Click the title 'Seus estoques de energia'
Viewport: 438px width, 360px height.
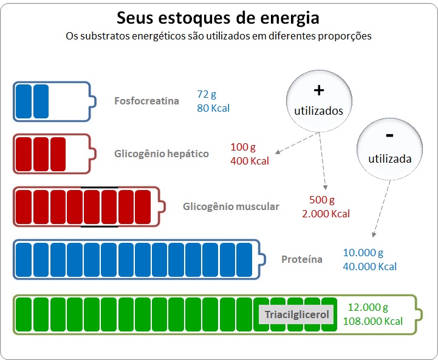click(x=218, y=18)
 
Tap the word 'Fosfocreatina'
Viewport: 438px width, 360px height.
click(x=146, y=101)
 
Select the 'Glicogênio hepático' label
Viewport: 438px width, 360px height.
click(x=162, y=154)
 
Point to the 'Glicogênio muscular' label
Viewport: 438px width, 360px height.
click(x=231, y=206)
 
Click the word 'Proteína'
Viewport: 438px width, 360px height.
click(x=302, y=259)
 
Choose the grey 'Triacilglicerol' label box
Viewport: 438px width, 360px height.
click(x=296, y=315)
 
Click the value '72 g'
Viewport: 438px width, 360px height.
click(x=207, y=94)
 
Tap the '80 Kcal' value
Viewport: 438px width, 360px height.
click(x=213, y=108)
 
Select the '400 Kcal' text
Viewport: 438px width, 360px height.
click(x=250, y=161)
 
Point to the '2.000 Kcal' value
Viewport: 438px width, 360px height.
click(x=326, y=214)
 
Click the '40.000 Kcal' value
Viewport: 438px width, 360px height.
click(x=369, y=267)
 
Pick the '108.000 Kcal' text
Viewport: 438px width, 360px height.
click(x=372, y=321)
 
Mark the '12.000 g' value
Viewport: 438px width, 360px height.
click(x=368, y=308)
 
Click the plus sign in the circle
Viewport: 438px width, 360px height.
click(x=319, y=90)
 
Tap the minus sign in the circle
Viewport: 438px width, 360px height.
click(x=389, y=135)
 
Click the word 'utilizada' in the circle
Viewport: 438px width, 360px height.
click(x=389, y=159)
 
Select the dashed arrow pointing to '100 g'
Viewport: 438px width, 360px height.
click(x=297, y=143)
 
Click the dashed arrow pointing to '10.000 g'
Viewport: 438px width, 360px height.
click(x=382, y=208)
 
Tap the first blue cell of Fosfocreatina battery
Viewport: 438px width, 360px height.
click(x=24, y=101)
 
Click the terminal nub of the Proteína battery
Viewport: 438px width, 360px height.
click(x=263, y=259)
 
